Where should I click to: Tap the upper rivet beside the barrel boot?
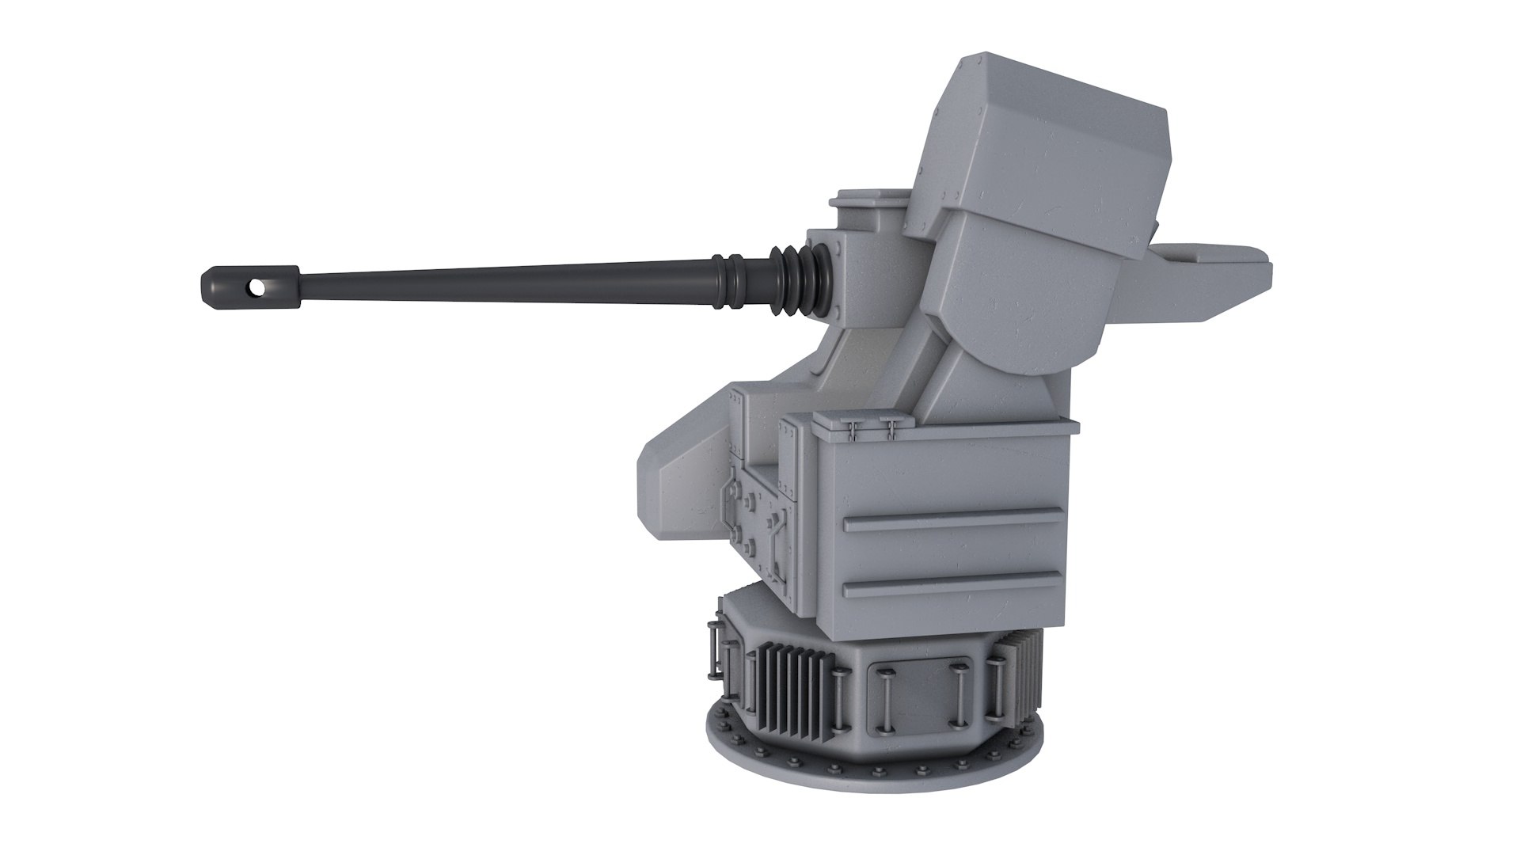(836, 248)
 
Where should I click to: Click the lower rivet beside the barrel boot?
(836, 314)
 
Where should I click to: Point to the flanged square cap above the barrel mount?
(869, 207)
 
